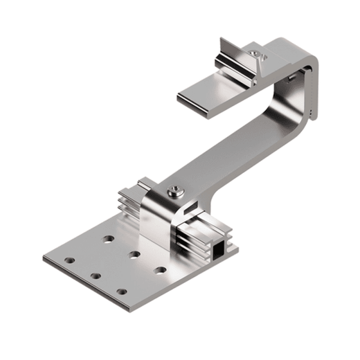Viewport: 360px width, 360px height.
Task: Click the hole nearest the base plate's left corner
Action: [x=70, y=261]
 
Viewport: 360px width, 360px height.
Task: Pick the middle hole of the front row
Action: [x=95, y=276]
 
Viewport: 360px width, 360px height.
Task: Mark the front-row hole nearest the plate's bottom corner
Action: [x=122, y=292]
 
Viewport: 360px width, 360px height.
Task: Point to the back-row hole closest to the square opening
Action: [x=160, y=269]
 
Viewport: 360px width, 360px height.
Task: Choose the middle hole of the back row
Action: [x=134, y=254]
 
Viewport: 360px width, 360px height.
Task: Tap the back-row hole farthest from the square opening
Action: [x=109, y=239]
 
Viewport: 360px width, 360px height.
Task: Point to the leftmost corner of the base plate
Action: [x=44, y=259]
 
